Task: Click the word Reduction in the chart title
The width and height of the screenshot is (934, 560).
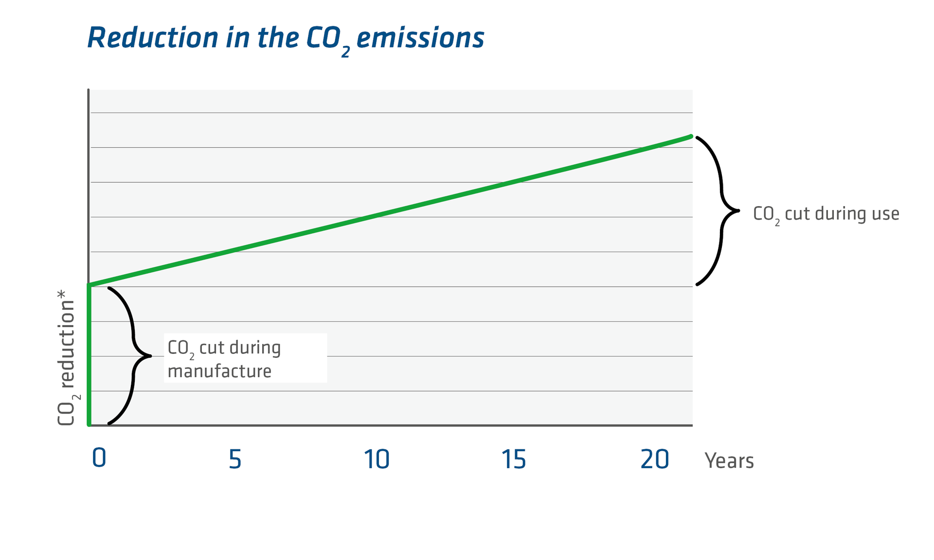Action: click(x=153, y=38)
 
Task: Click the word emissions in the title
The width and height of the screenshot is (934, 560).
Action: click(x=420, y=38)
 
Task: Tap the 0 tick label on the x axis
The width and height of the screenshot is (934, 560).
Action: click(x=99, y=458)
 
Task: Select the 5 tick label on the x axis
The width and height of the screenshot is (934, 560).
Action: click(x=235, y=459)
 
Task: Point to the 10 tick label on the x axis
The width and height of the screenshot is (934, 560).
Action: click(x=377, y=459)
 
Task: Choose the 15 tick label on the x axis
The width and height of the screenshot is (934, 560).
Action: click(x=514, y=459)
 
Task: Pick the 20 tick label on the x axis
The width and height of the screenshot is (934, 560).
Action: click(x=655, y=459)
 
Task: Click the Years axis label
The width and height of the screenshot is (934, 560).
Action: click(x=729, y=461)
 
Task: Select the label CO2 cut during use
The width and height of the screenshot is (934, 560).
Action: click(x=826, y=214)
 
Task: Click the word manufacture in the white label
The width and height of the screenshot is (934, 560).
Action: click(x=219, y=371)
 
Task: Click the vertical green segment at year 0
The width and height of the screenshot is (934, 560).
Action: click(x=90, y=355)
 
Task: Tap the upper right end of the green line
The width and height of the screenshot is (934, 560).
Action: click(x=690, y=137)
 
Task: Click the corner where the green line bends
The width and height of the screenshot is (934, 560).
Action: click(x=90, y=285)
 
